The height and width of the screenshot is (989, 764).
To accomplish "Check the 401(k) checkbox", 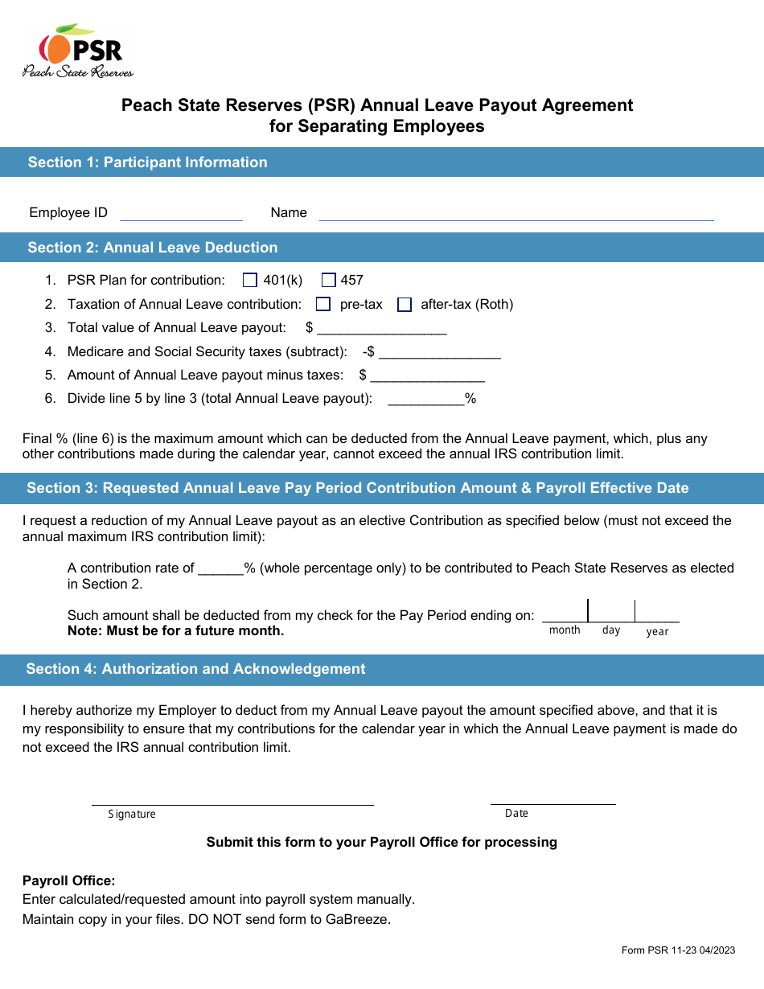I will [x=249, y=281].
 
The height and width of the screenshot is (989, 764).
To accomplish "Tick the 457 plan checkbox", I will [x=328, y=281].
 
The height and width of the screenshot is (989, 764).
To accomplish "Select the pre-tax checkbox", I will [x=323, y=305].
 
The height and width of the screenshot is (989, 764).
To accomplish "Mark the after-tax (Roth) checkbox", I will [x=405, y=305].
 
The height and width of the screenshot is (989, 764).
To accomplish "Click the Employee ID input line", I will [x=181, y=213].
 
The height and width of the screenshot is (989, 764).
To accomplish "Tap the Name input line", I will [x=516, y=213].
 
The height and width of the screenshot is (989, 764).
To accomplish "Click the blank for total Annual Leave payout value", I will [x=382, y=328].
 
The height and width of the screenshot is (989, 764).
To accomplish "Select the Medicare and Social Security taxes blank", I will [x=439, y=352].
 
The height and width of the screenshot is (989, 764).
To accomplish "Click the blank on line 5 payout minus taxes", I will [x=427, y=375].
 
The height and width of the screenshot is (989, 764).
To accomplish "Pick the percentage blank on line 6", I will [x=426, y=399].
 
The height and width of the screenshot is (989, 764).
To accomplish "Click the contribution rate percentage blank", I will [x=220, y=568].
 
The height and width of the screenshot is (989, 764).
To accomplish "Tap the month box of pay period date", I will [x=565, y=612].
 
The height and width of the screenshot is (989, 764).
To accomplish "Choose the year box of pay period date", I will [x=657, y=612].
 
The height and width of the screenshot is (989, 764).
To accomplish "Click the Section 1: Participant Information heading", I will [x=147, y=162].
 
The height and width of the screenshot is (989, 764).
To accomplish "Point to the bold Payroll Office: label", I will [x=69, y=881].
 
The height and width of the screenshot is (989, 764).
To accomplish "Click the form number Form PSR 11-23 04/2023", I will [x=678, y=950].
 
